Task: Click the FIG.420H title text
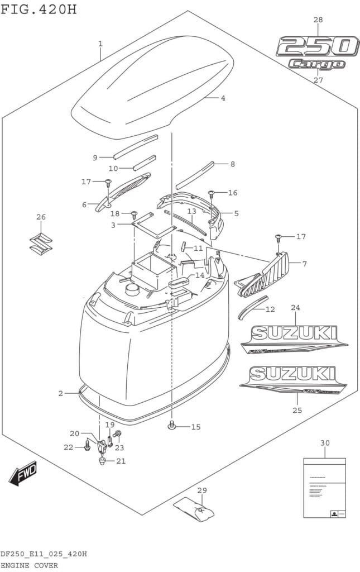(39, 9)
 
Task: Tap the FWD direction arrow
(23, 474)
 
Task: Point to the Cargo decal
(316, 64)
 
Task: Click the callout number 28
(318, 20)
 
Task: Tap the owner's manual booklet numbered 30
(324, 487)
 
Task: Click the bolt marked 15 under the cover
(172, 427)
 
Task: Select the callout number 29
(202, 490)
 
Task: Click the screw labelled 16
(212, 194)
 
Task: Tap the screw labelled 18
(134, 214)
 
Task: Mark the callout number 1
(100, 44)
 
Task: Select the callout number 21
(121, 461)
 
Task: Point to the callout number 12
(270, 309)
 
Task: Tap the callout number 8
(232, 164)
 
